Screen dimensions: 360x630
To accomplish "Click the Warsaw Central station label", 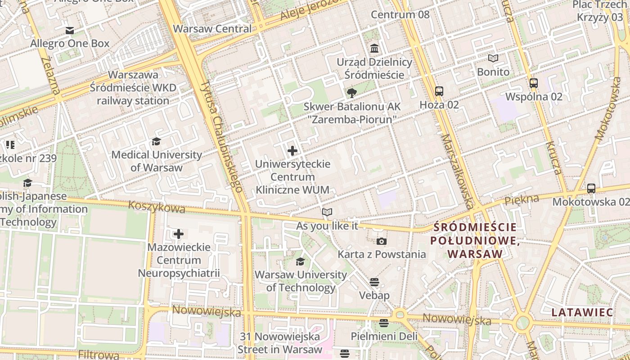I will tap(212, 29).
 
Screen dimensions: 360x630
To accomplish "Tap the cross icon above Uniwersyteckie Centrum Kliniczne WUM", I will tap(292, 151).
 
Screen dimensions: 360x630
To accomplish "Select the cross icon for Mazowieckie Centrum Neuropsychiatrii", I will tap(179, 234).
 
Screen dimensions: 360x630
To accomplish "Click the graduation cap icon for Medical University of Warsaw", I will tap(156, 142).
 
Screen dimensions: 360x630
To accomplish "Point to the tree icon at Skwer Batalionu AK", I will tap(352, 93).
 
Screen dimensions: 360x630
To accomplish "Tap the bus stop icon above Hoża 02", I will tap(439, 91).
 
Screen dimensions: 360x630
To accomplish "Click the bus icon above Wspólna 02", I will tap(534, 83).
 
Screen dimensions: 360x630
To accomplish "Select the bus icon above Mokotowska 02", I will tap(591, 189).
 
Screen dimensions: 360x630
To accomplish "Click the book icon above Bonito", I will tap(493, 58).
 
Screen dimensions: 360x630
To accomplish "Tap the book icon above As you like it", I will tap(327, 212).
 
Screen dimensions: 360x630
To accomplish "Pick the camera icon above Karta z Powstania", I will tap(382, 241).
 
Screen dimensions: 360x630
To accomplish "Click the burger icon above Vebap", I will tap(374, 282).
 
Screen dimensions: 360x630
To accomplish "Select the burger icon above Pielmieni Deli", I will tap(383, 323).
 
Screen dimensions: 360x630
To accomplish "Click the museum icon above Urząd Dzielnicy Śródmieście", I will tap(374, 48).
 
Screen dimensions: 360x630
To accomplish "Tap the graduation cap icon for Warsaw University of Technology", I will tap(300, 261).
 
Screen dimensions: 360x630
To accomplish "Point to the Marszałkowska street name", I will tap(457, 171).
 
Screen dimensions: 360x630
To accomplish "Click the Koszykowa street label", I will tap(157, 207).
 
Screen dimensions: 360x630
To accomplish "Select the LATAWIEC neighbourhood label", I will tap(582, 312).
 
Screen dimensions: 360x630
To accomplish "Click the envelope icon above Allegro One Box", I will tap(70, 31).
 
